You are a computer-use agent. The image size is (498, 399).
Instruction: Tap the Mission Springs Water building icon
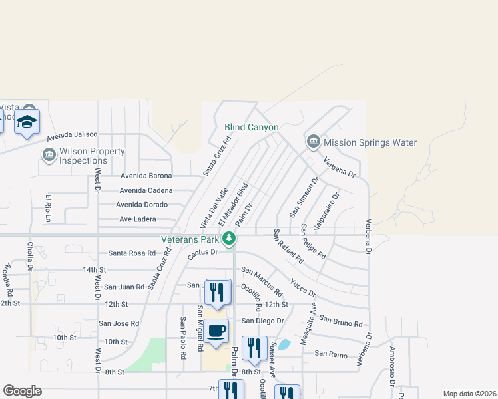coord(313,142)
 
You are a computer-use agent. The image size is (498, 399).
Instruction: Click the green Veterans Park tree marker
coord(229,238)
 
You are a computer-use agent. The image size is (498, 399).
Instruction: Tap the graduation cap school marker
coord(27,122)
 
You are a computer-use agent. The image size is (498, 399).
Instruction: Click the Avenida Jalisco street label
coord(72,135)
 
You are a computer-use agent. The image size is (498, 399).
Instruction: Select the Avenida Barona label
coord(146,176)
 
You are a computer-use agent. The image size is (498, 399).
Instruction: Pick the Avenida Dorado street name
coord(143,205)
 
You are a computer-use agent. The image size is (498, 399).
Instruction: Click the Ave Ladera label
coord(137,219)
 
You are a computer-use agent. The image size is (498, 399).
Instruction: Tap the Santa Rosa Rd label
coord(131,253)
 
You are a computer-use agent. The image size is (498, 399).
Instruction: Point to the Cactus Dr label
coord(202,253)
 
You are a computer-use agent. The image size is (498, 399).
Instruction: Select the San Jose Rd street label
coord(119,324)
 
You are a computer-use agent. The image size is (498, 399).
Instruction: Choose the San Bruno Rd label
coord(340,321)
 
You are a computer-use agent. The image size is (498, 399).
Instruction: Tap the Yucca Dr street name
coord(302,287)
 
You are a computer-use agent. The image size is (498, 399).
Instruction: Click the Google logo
coord(22,391)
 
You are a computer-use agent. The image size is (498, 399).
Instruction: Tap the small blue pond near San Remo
coord(284,344)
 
